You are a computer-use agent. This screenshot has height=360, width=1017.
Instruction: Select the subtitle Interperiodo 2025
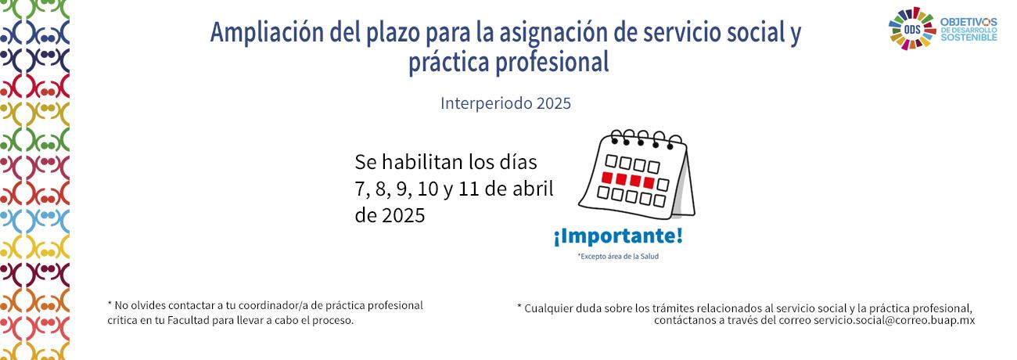505,103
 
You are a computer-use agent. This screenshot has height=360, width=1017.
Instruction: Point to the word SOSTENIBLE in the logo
968,38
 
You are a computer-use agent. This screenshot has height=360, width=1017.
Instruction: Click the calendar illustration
637,175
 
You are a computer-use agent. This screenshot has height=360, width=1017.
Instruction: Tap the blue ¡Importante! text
618,236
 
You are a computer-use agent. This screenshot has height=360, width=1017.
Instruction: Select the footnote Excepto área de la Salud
618,257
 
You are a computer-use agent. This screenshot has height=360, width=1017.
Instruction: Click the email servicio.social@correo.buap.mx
894,321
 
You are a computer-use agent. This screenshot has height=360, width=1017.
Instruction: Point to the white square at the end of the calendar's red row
663,185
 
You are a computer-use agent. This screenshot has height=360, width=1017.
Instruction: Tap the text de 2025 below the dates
390,215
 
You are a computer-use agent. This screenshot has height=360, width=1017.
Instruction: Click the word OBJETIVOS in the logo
968,22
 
